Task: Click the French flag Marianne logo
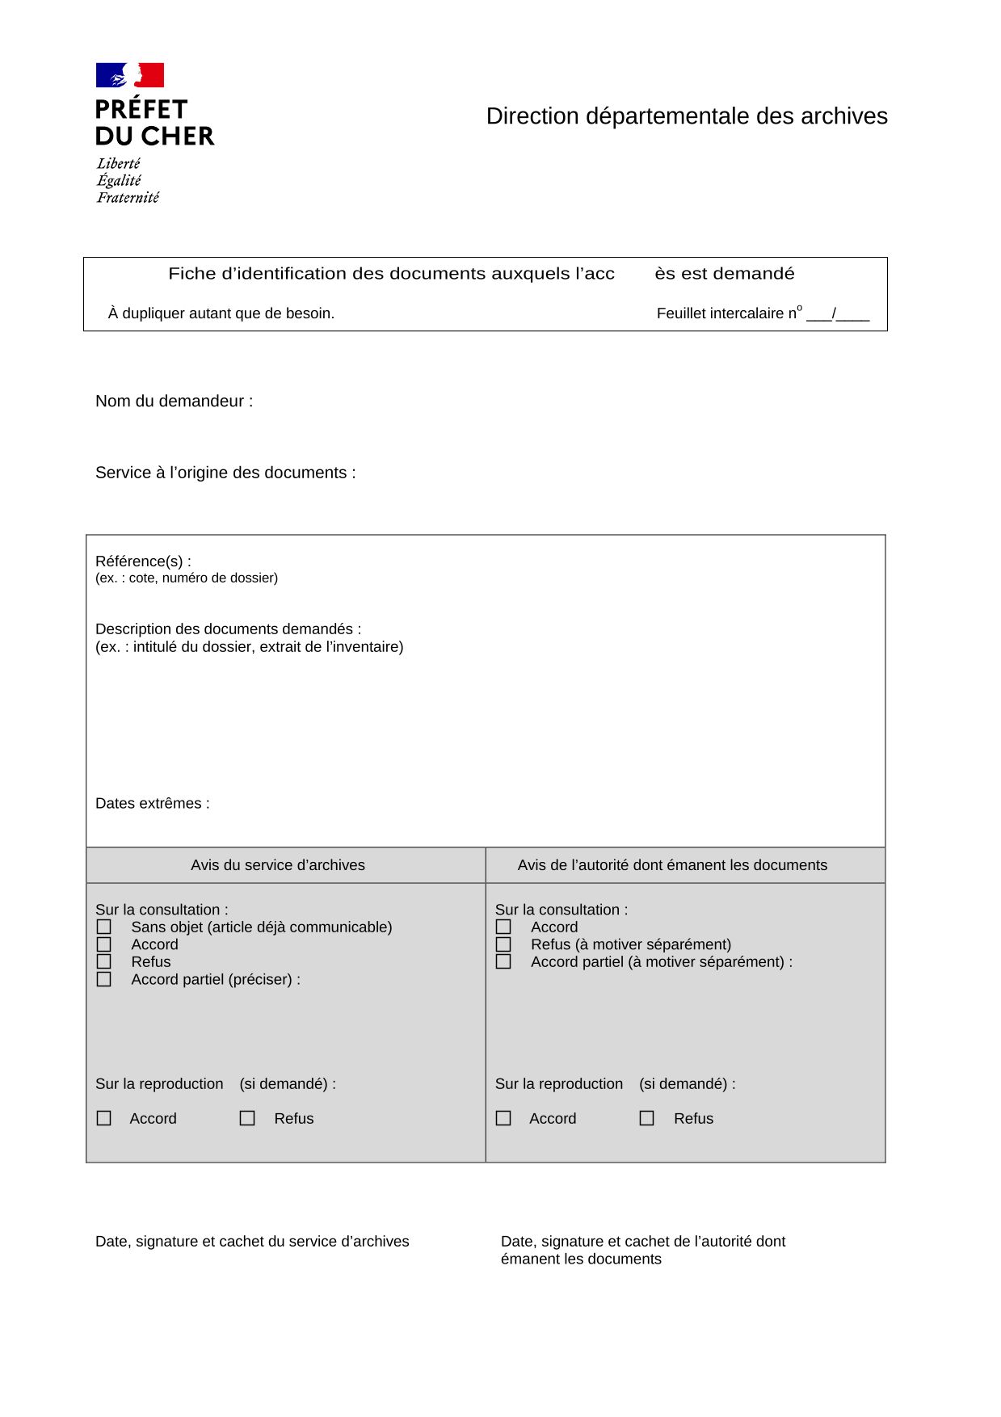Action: (x=130, y=75)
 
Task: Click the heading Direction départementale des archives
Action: (x=686, y=116)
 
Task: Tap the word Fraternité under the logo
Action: (x=128, y=198)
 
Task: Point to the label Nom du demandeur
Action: (x=174, y=402)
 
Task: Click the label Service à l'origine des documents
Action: (x=225, y=473)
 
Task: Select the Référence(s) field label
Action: (x=143, y=561)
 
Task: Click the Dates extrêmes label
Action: (x=152, y=804)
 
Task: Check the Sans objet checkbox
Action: (x=104, y=927)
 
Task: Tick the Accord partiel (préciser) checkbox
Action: (x=104, y=980)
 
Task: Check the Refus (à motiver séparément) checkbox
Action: (x=503, y=944)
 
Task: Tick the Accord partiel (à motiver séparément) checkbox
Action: (x=503, y=962)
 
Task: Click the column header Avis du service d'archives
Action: (x=278, y=865)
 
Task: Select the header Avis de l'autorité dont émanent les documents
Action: (x=672, y=865)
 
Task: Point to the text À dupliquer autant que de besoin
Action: (x=221, y=313)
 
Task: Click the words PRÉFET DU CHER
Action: (x=154, y=123)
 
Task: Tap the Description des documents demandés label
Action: (x=228, y=629)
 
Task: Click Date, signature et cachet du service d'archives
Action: (x=252, y=1242)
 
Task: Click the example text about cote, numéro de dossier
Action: (x=187, y=578)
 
